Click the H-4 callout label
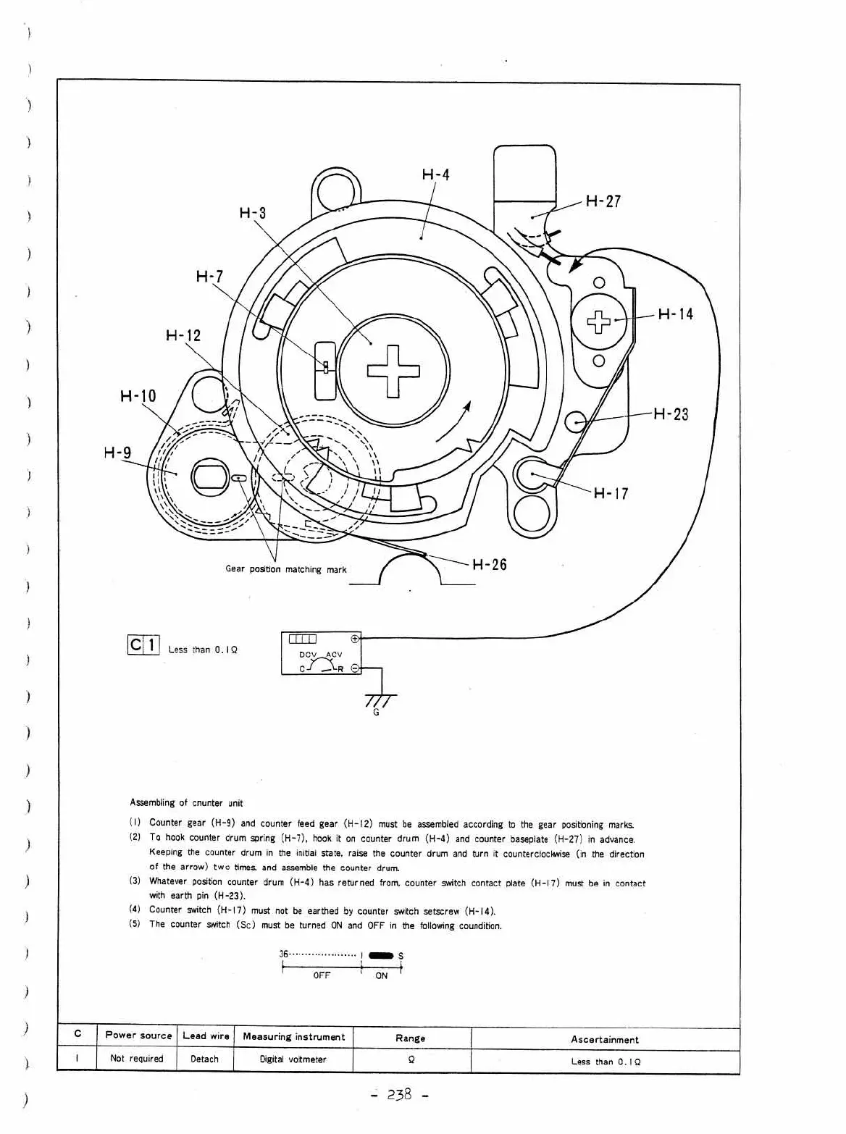pos(435,175)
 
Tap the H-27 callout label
pos(603,201)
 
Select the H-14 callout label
pos(676,314)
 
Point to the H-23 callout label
pos(671,413)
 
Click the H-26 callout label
pos(490,564)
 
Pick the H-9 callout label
pos(118,453)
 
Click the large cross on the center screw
pos(393,371)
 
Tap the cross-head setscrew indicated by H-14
pos(599,322)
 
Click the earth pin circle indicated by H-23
pos(576,422)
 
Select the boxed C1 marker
pos(143,644)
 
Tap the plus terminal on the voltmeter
pos(355,639)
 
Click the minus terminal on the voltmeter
pos(355,668)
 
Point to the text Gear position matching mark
pos(286,569)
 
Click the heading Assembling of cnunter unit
pos(186,803)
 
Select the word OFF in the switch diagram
pos(322,975)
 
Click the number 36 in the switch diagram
pos(284,954)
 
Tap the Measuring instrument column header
pos(293,1036)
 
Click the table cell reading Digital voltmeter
pos(293,1059)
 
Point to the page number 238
pos(400,1093)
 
